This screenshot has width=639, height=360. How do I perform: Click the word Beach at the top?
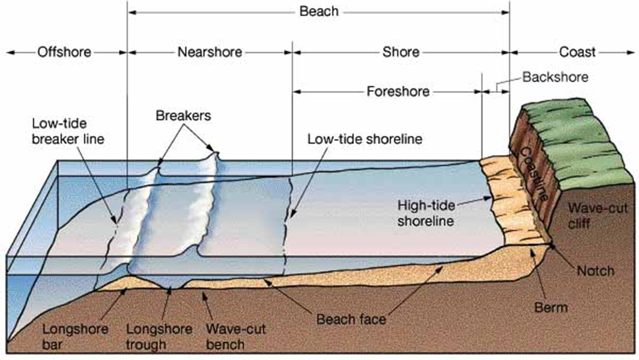pos(319,11)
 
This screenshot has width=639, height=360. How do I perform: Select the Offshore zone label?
pos(64,52)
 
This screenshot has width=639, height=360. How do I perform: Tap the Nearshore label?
pos(210,52)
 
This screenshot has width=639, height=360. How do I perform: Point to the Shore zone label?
pos(401,52)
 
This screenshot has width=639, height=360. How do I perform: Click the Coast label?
pos(577,52)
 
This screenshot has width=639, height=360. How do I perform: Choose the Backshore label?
pos(555,77)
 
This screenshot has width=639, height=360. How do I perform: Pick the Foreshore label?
pos(398,92)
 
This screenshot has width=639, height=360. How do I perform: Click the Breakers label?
pos(183,115)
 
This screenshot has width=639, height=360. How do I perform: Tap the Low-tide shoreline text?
pos(364,139)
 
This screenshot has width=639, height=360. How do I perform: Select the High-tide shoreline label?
pos(426,213)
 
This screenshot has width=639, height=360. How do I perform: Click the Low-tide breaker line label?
pos(68,131)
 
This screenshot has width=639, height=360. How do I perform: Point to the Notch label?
pos(596,271)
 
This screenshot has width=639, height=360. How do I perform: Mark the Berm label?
pos(551,308)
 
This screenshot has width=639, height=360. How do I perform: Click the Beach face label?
pos(351,319)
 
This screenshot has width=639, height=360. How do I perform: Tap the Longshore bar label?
pos(75,337)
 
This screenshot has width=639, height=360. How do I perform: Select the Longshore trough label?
pos(159,337)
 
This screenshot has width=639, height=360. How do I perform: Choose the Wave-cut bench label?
pos(236,337)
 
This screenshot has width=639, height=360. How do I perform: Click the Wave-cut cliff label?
pos(598,216)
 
